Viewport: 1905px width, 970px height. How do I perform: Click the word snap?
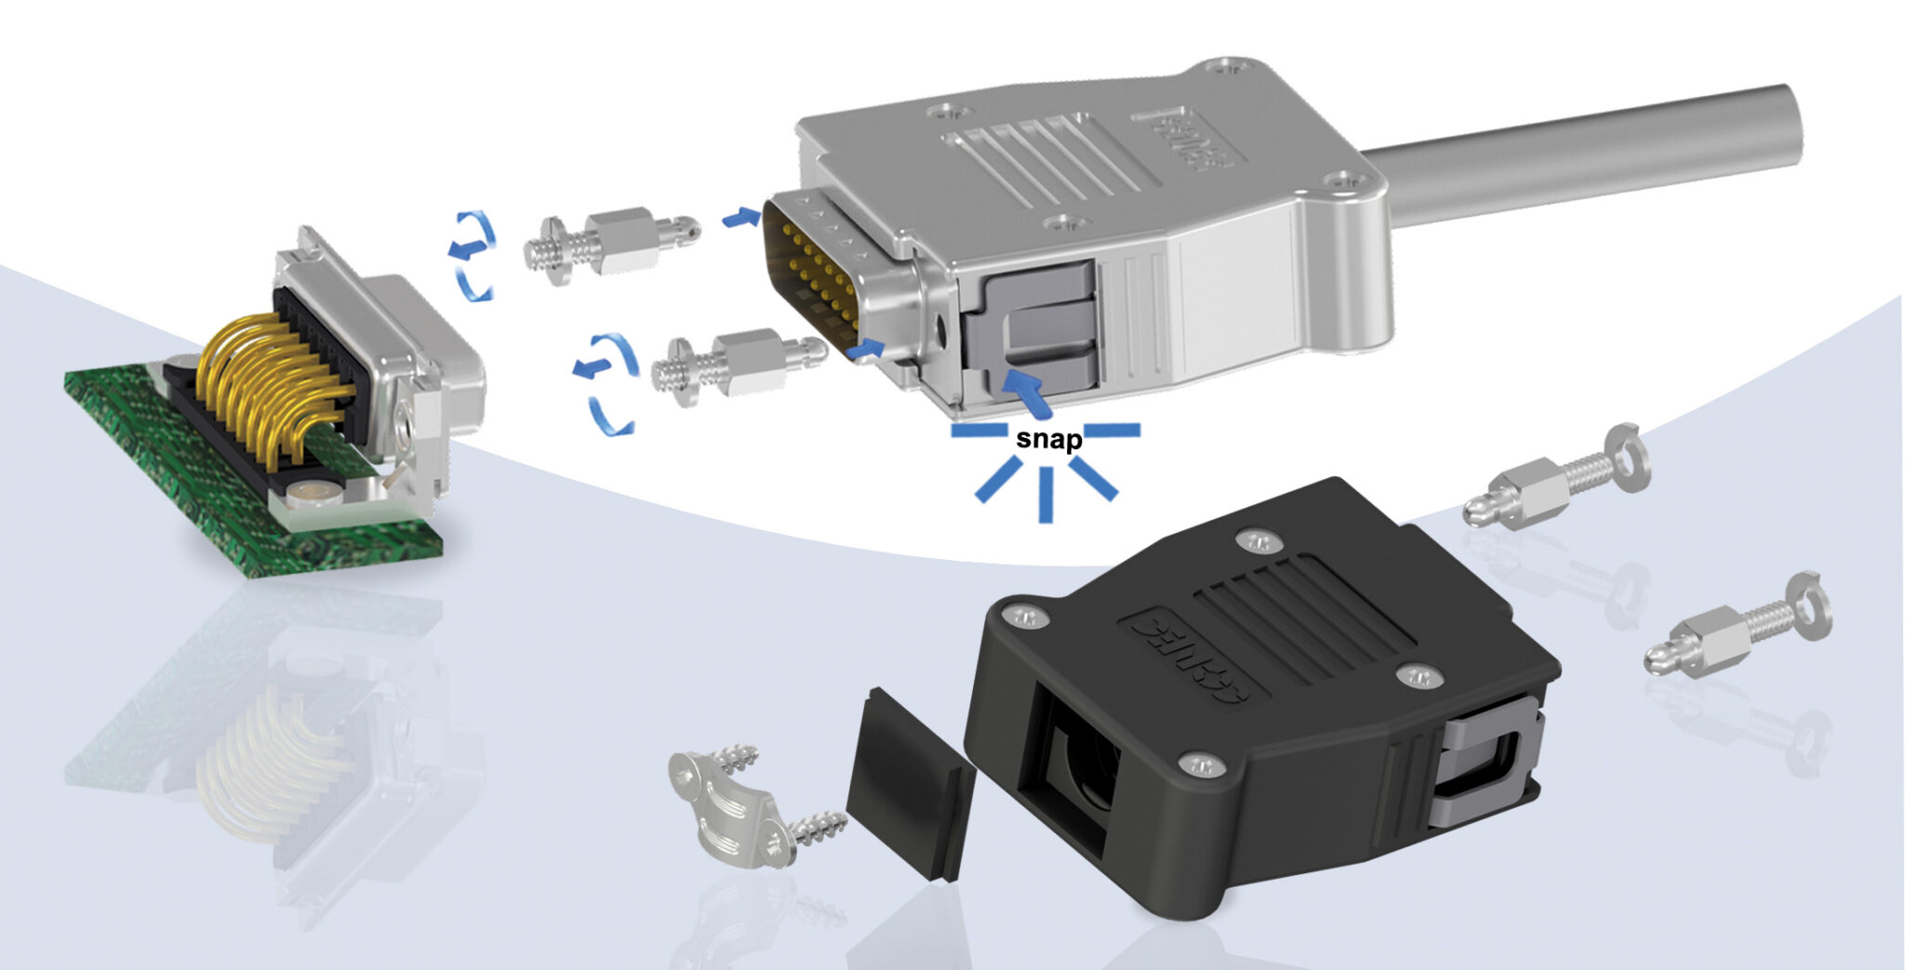pyautogui.click(x=1048, y=439)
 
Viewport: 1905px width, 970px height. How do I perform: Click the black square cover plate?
pyautogui.click(x=907, y=781)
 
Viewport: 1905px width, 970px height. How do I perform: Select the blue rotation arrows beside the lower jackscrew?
pyautogui.click(x=605, y=381)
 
